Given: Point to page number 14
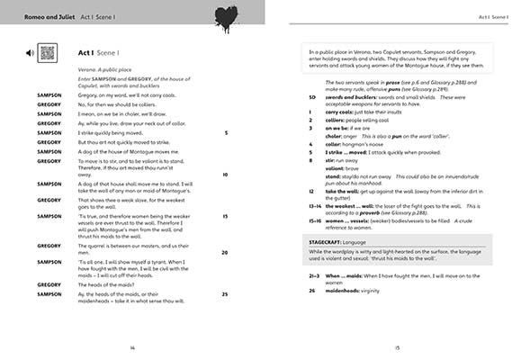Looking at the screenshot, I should [x=132, y=346].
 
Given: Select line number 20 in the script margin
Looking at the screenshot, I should [x=224, y=252].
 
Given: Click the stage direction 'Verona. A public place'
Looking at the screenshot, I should [x=103, y=68].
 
